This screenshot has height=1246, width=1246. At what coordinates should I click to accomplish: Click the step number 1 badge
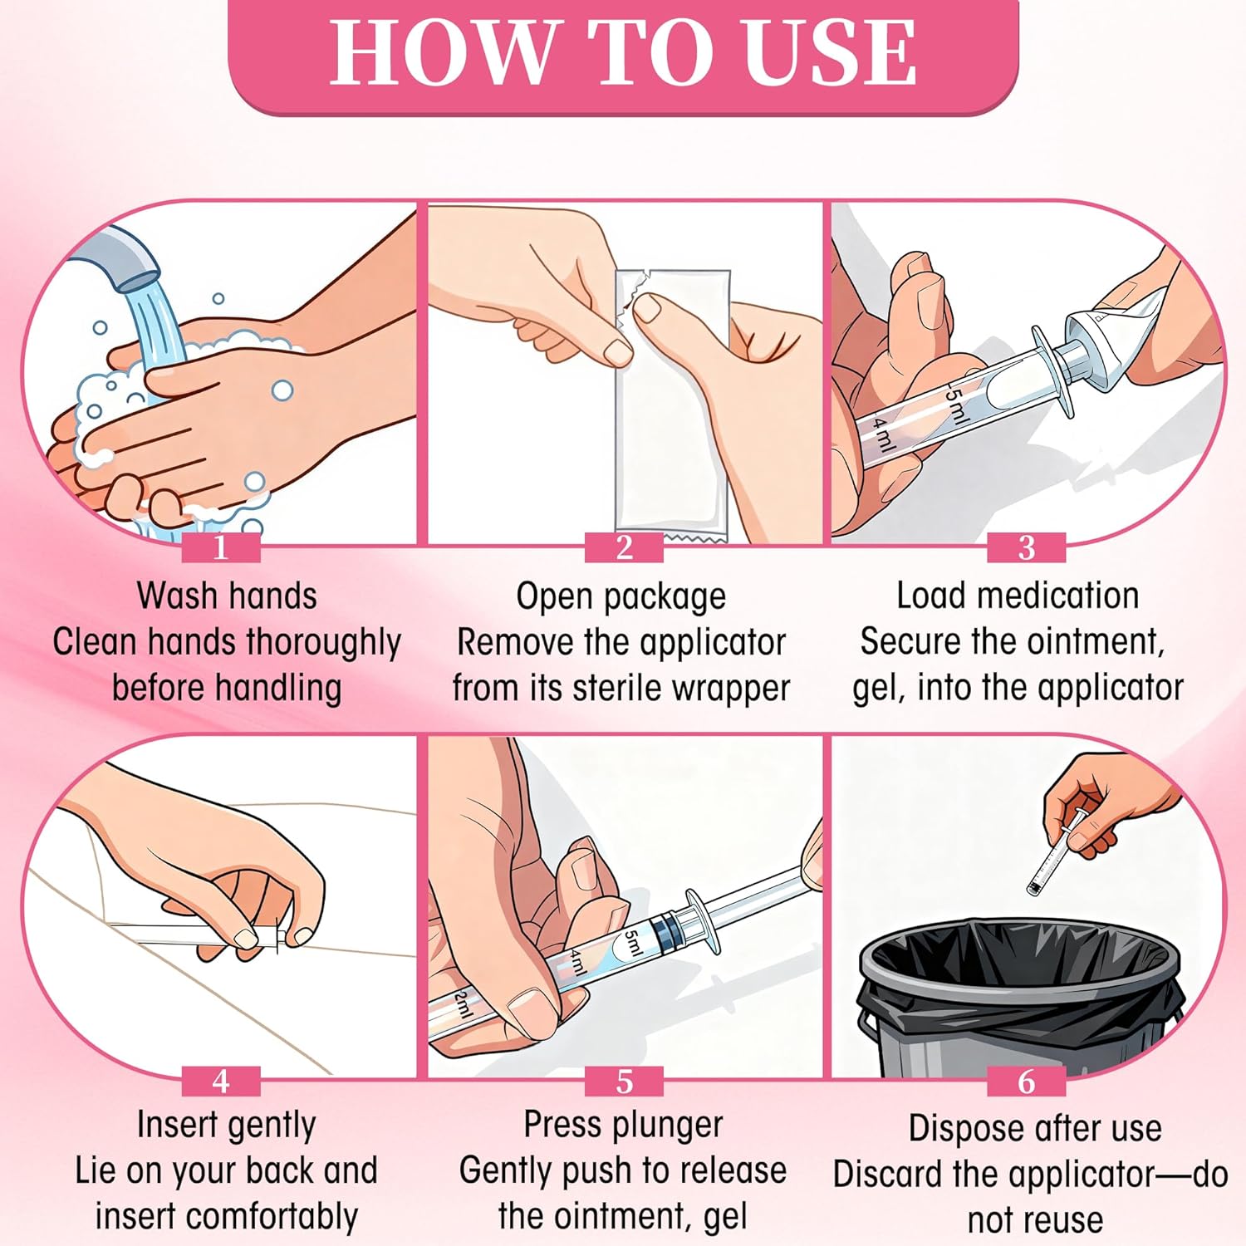[221, 548]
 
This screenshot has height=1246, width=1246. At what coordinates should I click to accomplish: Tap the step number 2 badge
[624, 548]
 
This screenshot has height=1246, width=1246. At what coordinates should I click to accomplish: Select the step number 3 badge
[1027, 548]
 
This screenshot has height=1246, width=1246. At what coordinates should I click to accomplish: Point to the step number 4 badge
[221, 1082]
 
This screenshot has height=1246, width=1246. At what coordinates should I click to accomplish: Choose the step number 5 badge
[624, 1082]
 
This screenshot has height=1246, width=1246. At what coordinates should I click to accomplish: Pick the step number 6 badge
[1027, 1082]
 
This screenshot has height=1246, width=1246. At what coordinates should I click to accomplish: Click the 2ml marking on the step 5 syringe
[463, 1004]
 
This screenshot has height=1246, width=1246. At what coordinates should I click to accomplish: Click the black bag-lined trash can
[1020, 997]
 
